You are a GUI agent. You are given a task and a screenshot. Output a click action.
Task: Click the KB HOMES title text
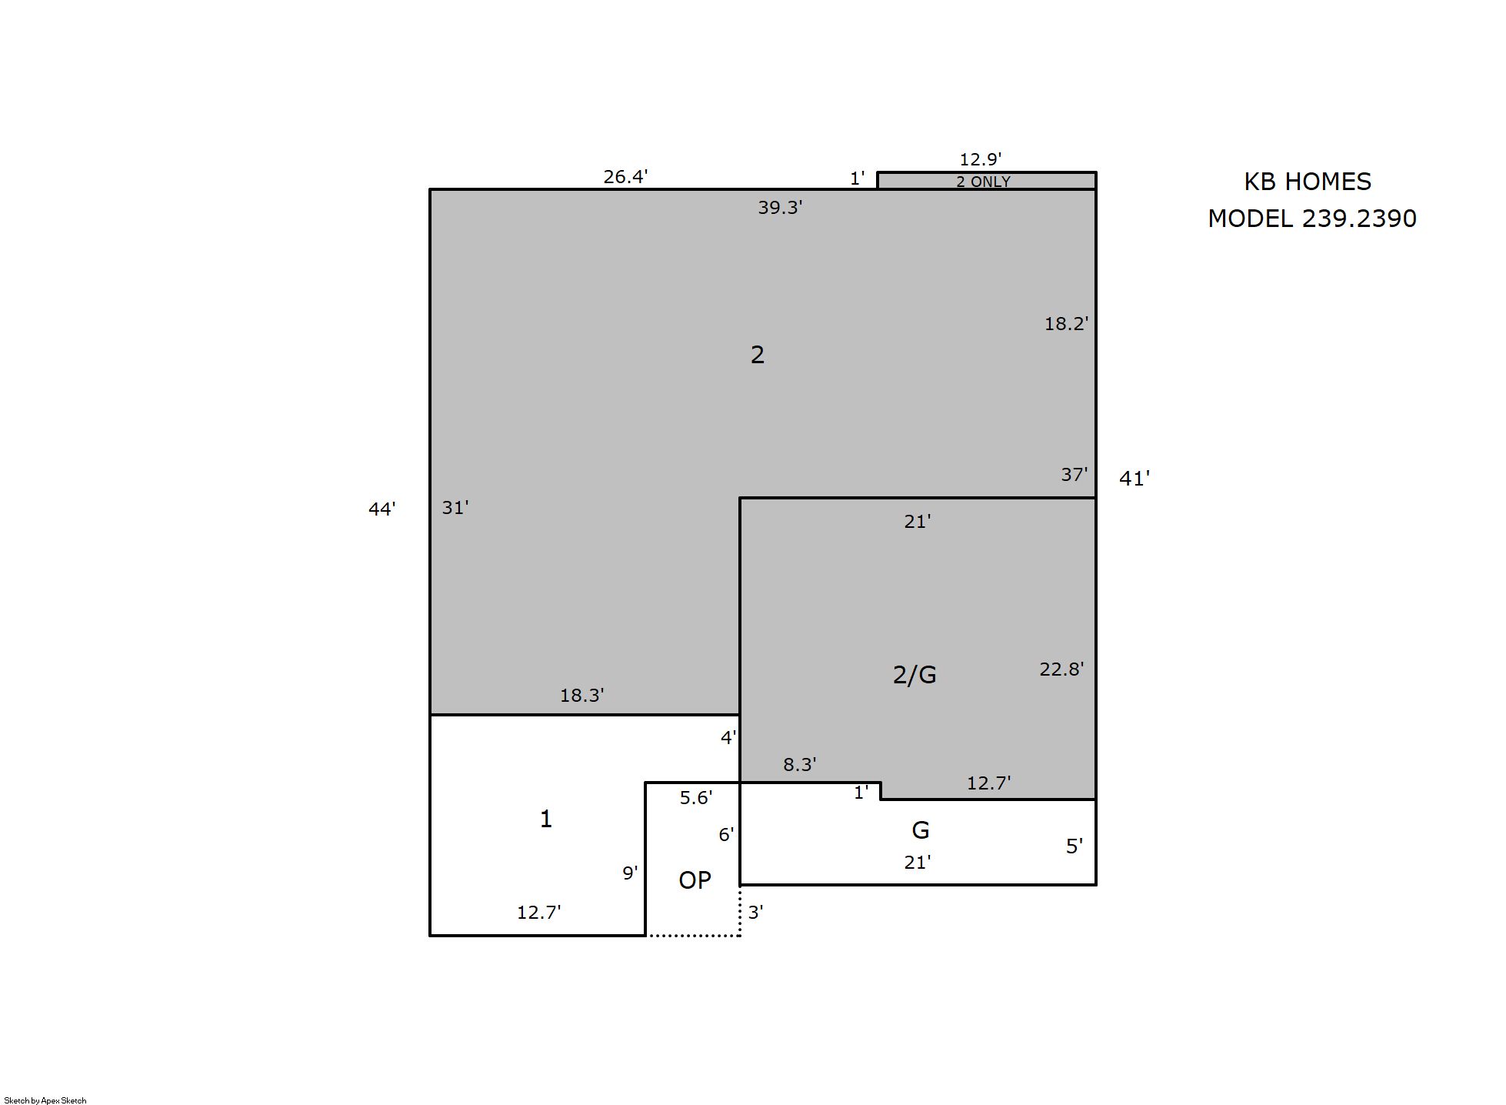click(1308, 182)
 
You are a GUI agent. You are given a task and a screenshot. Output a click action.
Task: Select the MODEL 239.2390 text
click(1312, 219)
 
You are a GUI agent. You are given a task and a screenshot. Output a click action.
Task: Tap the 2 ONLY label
click(983, 182)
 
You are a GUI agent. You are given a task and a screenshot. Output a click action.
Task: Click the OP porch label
click(695, 880)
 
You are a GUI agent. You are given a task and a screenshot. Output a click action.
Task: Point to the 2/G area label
click(915, 675)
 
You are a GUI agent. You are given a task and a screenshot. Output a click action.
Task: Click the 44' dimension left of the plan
click(382, 509)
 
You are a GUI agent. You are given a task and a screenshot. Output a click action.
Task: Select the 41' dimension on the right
click(1134, 479)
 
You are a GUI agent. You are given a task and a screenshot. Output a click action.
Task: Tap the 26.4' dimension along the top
click(625, 177)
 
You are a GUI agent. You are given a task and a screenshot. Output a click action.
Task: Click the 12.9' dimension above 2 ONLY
click(981, 159)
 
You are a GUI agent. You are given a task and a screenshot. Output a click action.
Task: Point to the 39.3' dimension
click(780, 208)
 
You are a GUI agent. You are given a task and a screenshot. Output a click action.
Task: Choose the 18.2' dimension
click(1066, 324)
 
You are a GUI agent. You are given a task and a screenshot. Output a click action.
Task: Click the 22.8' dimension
click(1061, 669)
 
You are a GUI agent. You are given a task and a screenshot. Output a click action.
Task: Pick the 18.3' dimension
click(581, 696)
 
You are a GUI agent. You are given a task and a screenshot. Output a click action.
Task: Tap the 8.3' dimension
click(800, 765)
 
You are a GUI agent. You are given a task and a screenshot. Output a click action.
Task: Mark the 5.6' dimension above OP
click(696, 798)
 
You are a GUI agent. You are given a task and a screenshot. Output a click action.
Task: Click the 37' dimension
click(1075, 475)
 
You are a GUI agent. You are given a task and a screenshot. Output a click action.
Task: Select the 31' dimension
click(455, 508)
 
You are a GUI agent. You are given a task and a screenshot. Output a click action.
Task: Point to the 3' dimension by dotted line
click(755, 913)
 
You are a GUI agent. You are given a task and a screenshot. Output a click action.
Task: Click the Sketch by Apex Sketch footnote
click(45, 1100)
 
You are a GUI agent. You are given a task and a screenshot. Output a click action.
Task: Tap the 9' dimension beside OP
click(630, 873)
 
